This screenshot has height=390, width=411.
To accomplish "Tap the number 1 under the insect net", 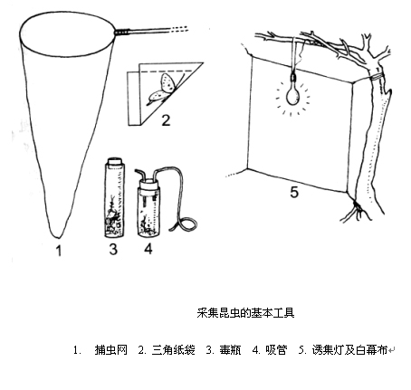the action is (x=59, y=251).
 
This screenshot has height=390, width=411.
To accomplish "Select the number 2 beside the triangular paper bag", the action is (x=166, y=120).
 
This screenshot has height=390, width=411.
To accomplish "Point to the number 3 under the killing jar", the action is (x=113, y=250).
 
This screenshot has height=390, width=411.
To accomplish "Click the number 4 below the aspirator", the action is (x=148, y=249).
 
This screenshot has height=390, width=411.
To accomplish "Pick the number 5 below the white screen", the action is (x=294, y=192).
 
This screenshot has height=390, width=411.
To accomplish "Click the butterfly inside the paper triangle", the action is (x=162, y=89).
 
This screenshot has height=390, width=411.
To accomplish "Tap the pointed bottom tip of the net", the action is (x=57, y=237).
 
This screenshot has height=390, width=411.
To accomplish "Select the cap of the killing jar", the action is (x=114, y=160).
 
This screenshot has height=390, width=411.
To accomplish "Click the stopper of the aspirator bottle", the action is (x=148, y=184).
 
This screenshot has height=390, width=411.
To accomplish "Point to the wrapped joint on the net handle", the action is (x=122, y=32).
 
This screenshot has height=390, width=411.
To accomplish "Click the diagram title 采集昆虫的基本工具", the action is (x=245, y=313).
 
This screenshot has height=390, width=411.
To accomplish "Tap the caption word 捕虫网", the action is (x=110, y=350).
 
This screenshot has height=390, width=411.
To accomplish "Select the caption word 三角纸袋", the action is (x=174, y=350).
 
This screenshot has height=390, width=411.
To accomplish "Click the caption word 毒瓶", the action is (x=230, y=350).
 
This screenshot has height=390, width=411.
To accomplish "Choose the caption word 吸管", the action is (x=276, y=350).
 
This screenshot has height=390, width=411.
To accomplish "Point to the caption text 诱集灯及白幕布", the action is (x=349, y=350).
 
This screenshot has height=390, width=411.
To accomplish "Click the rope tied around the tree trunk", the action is (x=377, y=76).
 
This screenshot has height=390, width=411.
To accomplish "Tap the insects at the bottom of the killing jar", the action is (x=113, y=223).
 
